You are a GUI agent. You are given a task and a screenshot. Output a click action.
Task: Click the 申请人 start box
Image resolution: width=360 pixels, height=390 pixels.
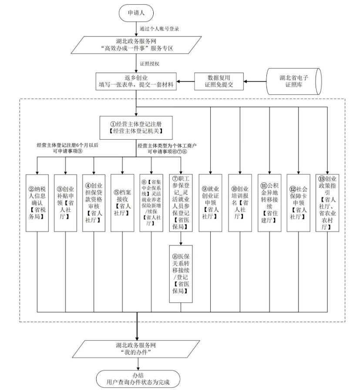click(x=137, y=13)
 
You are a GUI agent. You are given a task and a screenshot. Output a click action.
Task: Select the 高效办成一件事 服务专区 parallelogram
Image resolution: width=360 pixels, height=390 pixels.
click(x=137, y=44)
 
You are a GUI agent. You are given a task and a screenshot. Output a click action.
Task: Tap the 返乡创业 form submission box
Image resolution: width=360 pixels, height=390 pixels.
click(x=137, y=81)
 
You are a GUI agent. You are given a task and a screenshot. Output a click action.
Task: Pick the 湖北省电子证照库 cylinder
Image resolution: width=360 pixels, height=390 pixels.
click(x=293, y=81)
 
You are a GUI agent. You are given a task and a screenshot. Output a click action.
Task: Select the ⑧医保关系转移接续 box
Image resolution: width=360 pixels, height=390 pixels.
click(x=181, y=273)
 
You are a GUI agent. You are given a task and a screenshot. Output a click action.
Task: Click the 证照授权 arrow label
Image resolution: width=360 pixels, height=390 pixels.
click(x=150, y=64)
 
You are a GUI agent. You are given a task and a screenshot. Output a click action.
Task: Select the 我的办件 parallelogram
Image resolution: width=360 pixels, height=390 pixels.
click(x=137, y=349)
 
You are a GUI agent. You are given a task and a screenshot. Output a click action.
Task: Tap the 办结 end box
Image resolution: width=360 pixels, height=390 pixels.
click(x=137, y=378)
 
